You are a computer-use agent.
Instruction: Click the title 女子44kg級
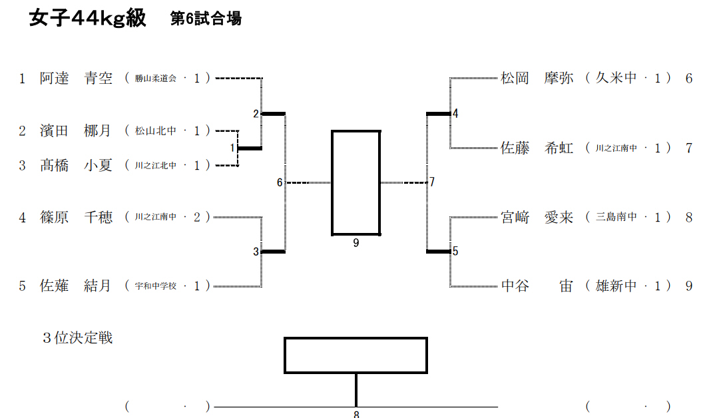tap(87, 19)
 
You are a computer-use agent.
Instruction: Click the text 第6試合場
tap(206, 19)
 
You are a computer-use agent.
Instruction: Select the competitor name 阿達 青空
tap(76, 79)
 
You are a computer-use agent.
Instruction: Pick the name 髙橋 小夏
tap(76, 165)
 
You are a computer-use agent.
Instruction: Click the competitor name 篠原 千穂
tap(76, 217)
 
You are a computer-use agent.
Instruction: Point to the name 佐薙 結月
tap(76, 286)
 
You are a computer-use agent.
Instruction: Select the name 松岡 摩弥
tap(537, 79)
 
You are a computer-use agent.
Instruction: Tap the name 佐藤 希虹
tap(537, 148)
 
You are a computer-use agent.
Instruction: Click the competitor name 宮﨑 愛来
tap(537, 217)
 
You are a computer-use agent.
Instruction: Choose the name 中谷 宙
tap(537, 286)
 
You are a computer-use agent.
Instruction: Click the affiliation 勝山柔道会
tap(155, 79)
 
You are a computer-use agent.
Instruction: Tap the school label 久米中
tap(616, 79)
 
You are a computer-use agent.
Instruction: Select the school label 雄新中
tap(616, 286)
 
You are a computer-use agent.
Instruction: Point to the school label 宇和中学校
tap(155, 286)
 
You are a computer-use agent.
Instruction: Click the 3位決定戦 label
tap(78, 338)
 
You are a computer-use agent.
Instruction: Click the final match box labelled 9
tap(356, 182)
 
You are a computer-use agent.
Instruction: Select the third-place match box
tap(356, 355)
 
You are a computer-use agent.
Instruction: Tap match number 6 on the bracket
tap(280, 182)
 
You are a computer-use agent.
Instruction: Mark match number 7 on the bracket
tap(432, 182)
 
